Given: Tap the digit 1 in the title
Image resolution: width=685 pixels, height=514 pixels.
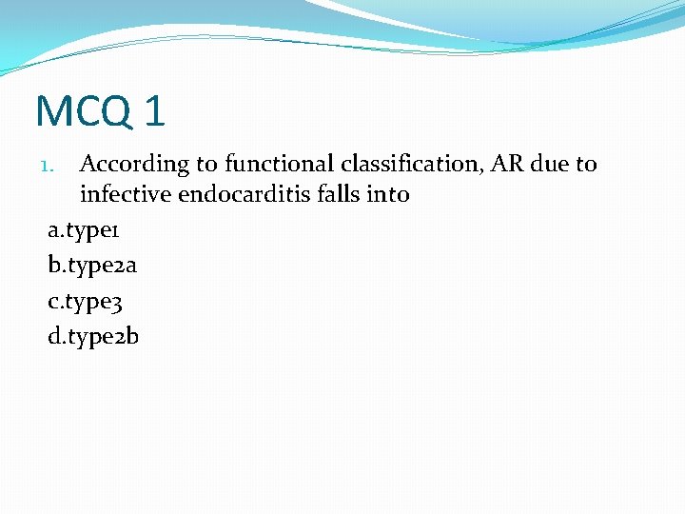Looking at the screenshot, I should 155,110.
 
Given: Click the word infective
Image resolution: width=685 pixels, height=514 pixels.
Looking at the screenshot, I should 126,195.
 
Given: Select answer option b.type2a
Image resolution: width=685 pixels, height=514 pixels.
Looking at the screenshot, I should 92,266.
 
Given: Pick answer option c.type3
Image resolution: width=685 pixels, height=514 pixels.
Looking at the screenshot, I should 86,301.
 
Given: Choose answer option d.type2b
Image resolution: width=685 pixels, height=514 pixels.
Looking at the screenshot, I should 93,336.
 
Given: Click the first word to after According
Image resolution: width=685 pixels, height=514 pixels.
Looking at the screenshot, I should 208,164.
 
